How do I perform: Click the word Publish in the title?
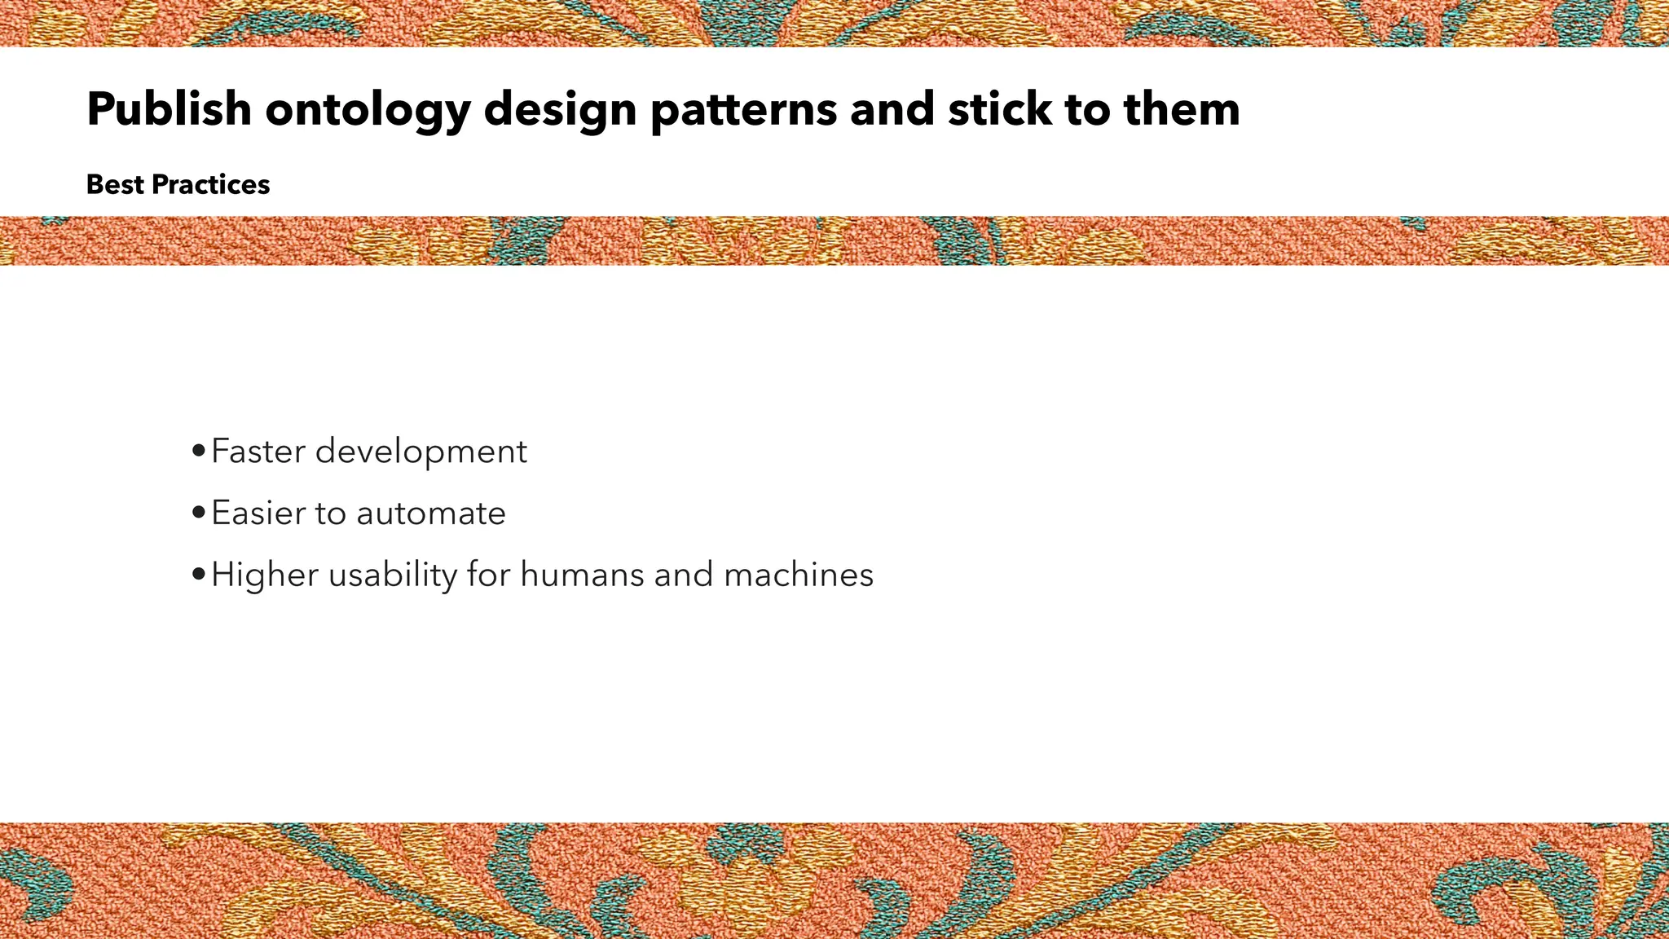169,109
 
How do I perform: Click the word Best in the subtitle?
115,185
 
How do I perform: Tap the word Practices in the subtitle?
211,185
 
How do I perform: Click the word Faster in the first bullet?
258,452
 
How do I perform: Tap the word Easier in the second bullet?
258,514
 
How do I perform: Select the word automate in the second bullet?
431,514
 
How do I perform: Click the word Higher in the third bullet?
264,575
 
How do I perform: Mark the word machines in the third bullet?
799,575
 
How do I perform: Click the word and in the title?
892,109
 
